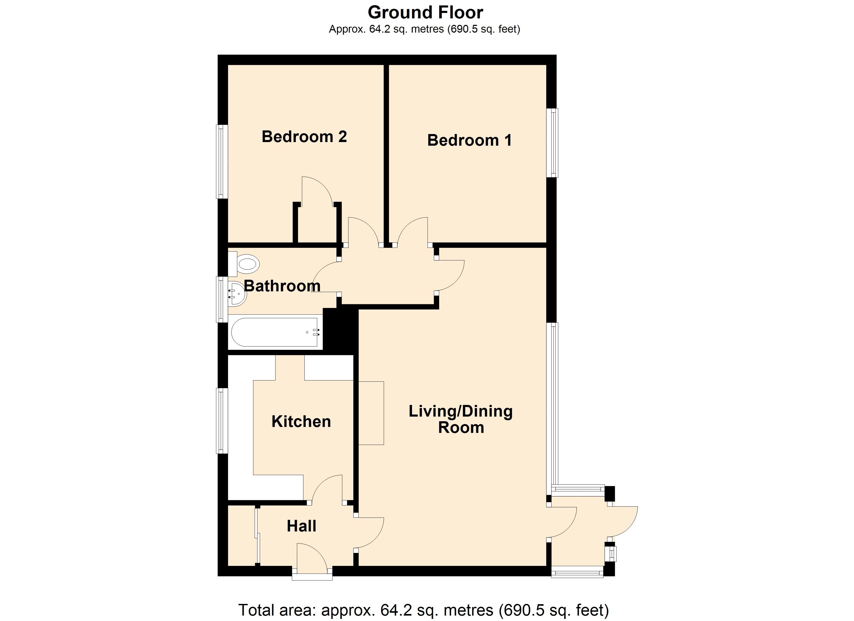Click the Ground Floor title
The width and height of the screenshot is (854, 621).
pos(425,12)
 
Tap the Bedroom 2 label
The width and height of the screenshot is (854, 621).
pos(304,136)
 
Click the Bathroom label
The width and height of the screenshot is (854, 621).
pos(282,286)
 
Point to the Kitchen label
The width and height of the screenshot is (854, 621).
pos(301,422)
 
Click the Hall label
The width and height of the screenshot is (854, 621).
pos(301,526)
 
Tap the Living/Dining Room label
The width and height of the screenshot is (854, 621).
pos(461,419)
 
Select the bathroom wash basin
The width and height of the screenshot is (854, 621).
pos(237,294)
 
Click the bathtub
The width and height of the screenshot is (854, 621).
pos(275,332)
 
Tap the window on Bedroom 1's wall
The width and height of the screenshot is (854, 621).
pos(553,143)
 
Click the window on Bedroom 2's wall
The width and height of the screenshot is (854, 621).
pos(222,161)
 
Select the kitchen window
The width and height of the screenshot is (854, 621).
pos(222,421)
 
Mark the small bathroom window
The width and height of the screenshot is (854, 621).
pos(222,300)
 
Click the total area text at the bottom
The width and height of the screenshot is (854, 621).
pos(424,610)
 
